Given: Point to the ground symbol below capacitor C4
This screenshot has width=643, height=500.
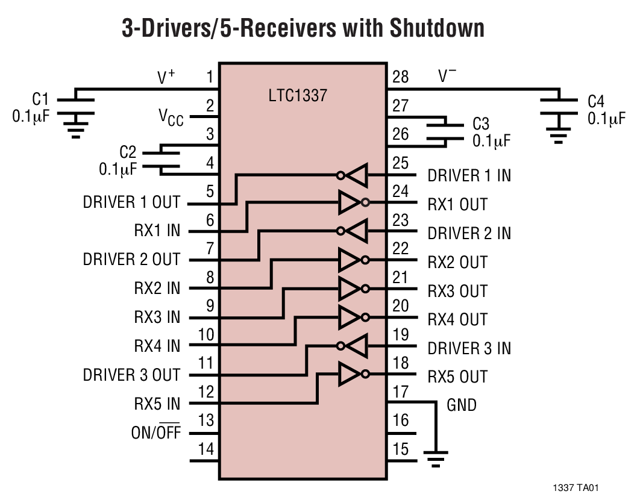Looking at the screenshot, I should coord(559,136).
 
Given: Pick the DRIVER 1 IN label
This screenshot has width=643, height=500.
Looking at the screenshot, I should coord(469,176).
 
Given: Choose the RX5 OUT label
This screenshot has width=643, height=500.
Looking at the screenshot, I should coord(457,377).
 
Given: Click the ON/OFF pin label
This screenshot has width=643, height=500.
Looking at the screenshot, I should coord(155,433).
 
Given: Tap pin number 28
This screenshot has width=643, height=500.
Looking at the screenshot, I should coord(400,77).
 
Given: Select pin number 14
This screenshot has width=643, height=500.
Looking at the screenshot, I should coord(205,449).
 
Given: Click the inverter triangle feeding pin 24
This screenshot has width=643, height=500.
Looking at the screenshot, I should coord(350,203).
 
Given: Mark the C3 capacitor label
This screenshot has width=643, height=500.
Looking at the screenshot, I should coord(480,124).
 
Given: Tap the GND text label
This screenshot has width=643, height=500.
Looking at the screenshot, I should coord(461,405).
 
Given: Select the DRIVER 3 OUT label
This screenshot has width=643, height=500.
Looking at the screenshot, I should coord(131,375).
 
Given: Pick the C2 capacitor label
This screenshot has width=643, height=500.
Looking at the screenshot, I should coord(128,152).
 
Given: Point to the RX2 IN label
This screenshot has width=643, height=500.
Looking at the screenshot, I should coord(157,289).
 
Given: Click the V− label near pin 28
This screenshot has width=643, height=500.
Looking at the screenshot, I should coord(447,76).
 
